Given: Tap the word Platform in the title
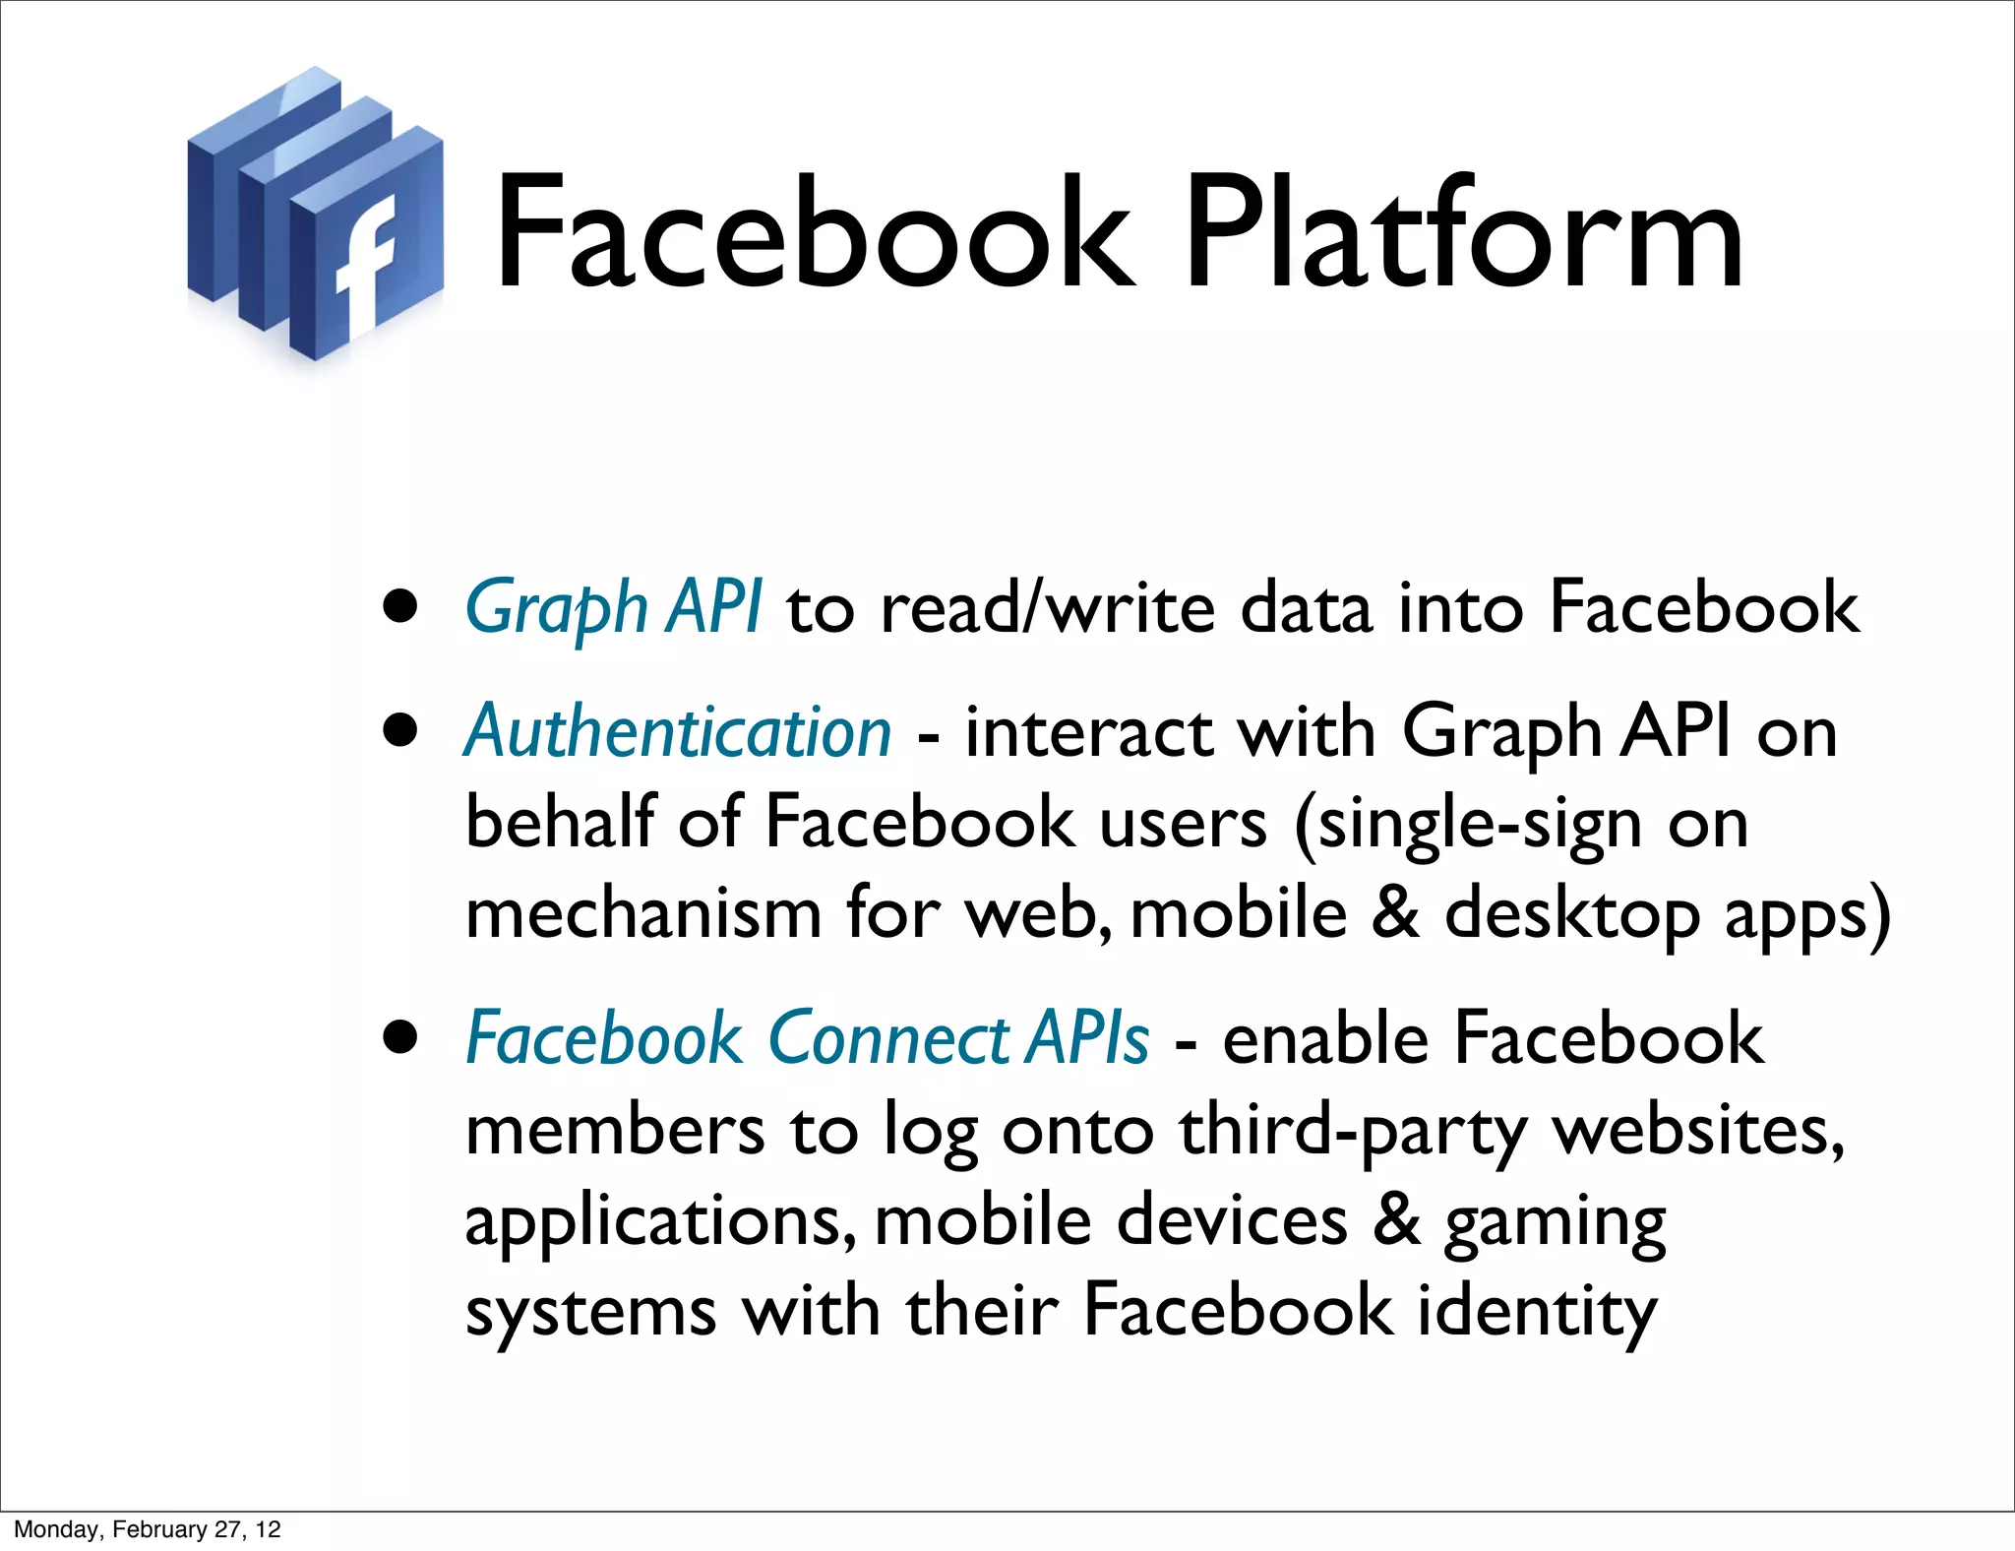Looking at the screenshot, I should click(1463, 236).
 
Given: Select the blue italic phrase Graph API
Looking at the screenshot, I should click(613, 607).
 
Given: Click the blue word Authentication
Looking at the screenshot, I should click(678, 732).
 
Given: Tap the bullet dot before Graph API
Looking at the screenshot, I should click(400, 608).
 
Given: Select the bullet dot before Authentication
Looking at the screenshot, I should click(400, 732).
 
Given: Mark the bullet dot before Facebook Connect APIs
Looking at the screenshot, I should click(400, 1038).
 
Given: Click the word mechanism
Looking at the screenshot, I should click(643, 913).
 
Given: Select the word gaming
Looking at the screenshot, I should click(1555, 1222).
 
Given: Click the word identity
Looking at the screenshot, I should click(1537, 1312).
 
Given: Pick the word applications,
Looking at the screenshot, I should click(660, 1222).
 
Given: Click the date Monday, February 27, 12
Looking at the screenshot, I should click(148, 1529).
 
